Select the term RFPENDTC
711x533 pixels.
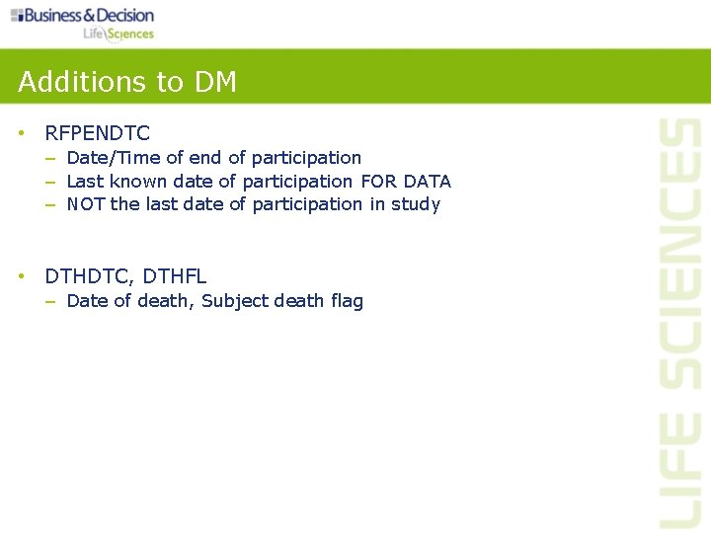98,133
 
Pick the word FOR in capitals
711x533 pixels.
379,182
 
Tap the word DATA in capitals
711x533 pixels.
428,182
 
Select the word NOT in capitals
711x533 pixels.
86,204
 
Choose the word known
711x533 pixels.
138,182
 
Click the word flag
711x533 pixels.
347,302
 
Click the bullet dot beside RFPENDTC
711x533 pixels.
22,133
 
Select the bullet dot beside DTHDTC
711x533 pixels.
22,277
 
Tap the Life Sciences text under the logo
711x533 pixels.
118,34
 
